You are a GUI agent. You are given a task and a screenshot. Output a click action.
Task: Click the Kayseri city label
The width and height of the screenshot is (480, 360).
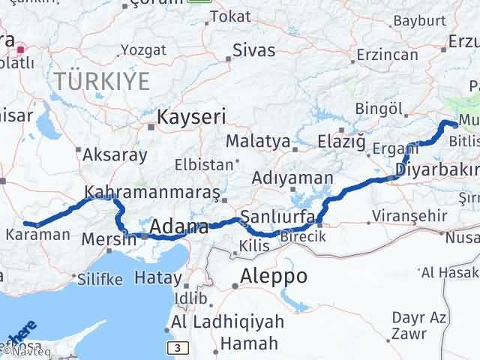(191, 117)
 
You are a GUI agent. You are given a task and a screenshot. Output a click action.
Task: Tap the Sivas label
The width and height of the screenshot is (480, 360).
(253, 51)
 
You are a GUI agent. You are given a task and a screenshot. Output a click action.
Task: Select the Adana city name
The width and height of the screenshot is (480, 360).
(178, 226)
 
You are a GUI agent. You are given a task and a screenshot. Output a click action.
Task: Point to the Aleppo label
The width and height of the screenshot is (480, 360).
(273, 276)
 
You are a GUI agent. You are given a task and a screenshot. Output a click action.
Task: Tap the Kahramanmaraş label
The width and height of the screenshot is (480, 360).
(153, 192)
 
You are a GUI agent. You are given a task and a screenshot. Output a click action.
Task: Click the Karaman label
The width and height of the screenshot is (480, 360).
(38, 234)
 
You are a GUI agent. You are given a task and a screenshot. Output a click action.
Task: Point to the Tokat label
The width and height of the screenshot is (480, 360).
(229, 16)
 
